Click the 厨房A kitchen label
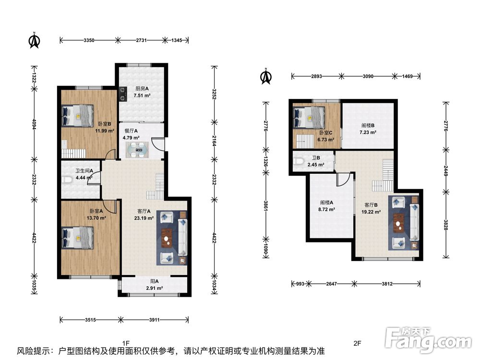(x=142, y=88)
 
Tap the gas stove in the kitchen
(x=123, y=94)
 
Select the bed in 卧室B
(x=77, y=116)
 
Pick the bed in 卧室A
(x=77, y=238)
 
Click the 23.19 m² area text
(x=144, y=218)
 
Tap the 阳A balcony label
(x=154, y=281)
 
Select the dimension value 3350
(x=89, y=40)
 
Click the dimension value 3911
(x=154, y=320)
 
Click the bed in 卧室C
(x=309, y=117)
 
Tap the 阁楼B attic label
(x=368, y=125)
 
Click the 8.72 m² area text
(x=326, y=209)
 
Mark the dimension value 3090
(x=368, y=76)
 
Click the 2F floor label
(x=357, y=343)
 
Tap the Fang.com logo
(x=428, y=339)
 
